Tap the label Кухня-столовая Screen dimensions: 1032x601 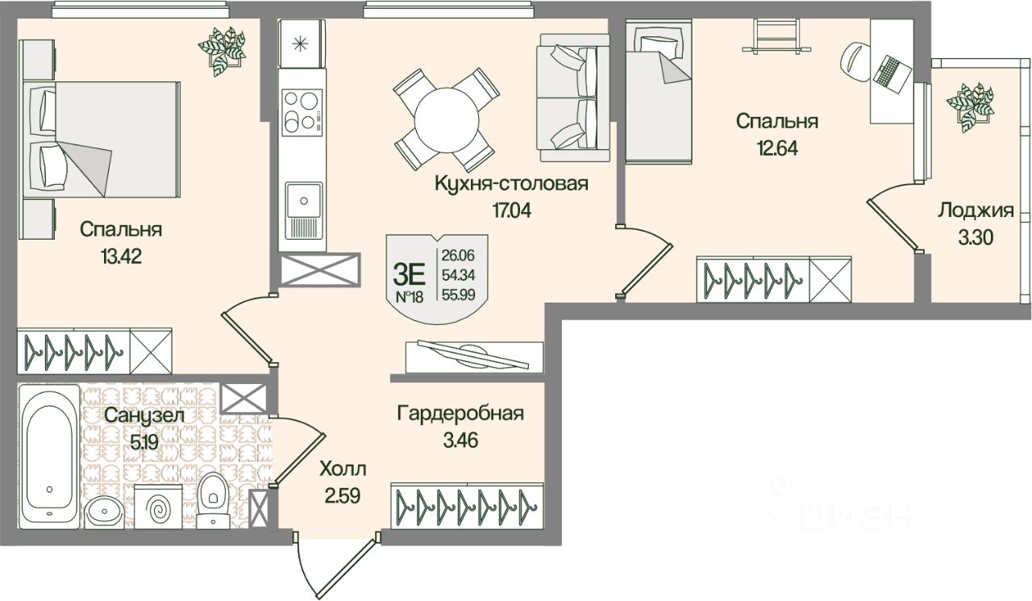(511, 184)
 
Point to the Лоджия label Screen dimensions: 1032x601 (975, 211)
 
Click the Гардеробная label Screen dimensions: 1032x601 (460, 414)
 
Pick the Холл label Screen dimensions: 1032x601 (342, 469)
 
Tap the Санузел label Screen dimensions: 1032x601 (144, 415)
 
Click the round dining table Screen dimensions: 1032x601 (445, 119)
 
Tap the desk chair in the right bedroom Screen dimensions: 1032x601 (856, 58)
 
